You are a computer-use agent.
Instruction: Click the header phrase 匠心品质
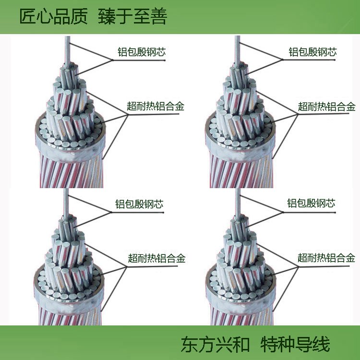(53, 16)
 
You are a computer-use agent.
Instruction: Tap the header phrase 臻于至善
(132, 16)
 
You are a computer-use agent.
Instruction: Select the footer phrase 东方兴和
(216, 344)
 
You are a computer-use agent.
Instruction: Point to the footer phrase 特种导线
(295, 344)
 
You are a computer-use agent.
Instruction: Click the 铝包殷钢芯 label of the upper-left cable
(142, 52)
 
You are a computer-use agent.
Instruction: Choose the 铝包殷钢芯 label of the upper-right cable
(312, 52)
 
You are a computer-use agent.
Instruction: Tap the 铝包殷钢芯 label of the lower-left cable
(139, 204)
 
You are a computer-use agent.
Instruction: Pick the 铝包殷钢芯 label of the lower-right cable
(312, 204)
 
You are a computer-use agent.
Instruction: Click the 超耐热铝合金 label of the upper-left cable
(156, 106)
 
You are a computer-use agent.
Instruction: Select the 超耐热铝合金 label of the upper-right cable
(327, 107)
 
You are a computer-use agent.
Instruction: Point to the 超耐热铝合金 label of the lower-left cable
(156, 258)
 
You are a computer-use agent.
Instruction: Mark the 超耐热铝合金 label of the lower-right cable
(326, 258)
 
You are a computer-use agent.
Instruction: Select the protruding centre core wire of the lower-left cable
(66, 204)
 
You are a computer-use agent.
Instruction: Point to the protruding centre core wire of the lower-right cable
(238, 204)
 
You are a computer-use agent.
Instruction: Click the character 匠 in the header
(27, 16)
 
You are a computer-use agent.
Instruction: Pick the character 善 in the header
(159, 16)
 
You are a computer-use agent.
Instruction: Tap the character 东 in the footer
(190, 344)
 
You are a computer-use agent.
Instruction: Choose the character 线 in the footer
(322, 344)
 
